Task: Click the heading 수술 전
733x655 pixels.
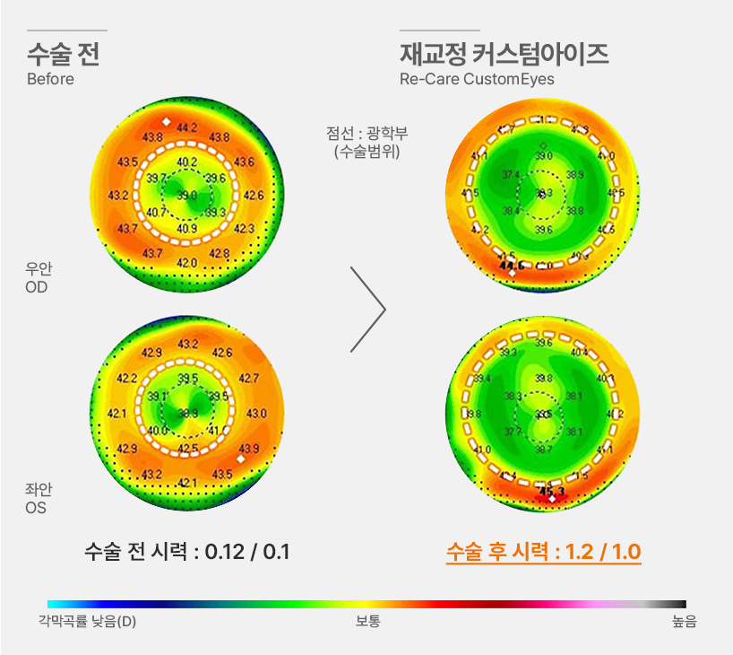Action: [x=63, y=54]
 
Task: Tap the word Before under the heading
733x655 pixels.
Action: [x=50, y=79]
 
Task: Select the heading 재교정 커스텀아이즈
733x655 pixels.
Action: [x=504, y=54]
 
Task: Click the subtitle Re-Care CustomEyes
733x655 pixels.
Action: [x=477, y=79]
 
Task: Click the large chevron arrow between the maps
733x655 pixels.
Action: [x=368, y=310]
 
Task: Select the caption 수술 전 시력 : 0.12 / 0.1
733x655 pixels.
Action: [x=187, y=551]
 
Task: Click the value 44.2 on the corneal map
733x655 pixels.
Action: [x=187, y=127]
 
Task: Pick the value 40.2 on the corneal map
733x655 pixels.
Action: [x=187, y=162]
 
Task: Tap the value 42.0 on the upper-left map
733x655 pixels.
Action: [x=187, y=262]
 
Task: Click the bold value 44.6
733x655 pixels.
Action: [x=512, y=266]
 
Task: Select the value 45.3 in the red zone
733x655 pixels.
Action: [x=551, y=492]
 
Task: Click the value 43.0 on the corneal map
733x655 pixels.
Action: [x=255, y=414]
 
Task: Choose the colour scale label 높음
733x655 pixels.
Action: [x=684, y=621]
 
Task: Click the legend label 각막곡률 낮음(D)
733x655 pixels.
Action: [x=87, y=621]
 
